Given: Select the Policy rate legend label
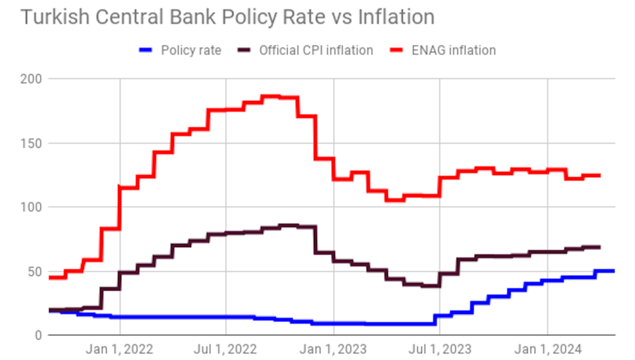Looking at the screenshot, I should (x=191, y=50).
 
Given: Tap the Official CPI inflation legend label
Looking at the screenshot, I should (x=316, y=50).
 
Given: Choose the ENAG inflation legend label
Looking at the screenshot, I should (x=454, y=50).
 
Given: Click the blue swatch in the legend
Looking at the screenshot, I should (x=147, y=50).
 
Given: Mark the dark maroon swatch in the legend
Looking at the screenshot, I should (x=244, y=50).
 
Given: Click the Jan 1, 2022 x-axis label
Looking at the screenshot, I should (x=120, y=349).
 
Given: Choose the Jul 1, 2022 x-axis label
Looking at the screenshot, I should (x=226, y=349).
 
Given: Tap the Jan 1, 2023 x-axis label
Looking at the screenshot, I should (x=334, y=349).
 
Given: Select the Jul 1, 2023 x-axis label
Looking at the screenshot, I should (x=440, y=349).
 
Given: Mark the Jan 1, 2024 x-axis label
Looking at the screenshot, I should (x=548, y=349).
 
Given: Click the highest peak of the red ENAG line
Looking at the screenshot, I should (x=272, y=96).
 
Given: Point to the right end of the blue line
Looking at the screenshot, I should (x=613, y=271).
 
